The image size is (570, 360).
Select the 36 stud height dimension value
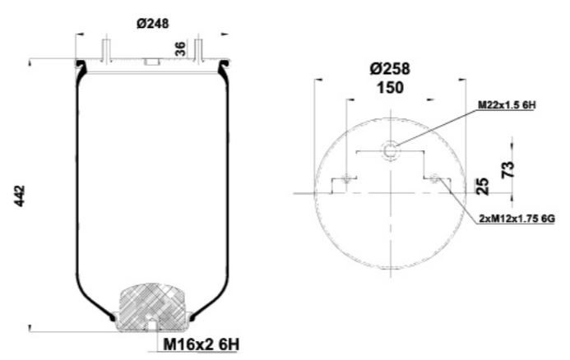point(180,48)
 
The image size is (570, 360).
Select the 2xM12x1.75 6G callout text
point(517,218)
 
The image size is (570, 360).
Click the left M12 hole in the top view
point(349,178)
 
